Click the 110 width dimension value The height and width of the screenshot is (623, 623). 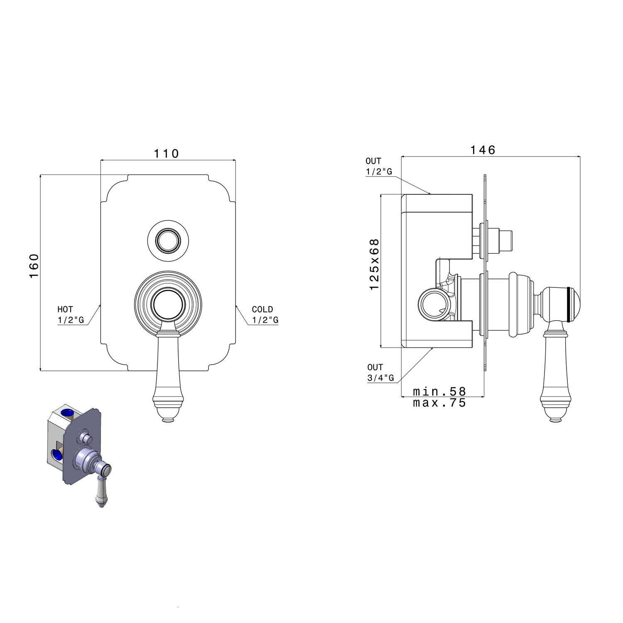pos(166,154)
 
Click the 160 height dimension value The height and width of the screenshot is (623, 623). pos(34,266)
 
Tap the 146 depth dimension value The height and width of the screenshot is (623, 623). pos(483,150)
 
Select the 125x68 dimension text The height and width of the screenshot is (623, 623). pos(375,264)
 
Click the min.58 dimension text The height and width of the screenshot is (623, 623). pos(439,391)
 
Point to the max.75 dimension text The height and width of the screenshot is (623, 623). pos(439,402)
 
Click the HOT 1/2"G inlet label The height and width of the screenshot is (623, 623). pos(71,314)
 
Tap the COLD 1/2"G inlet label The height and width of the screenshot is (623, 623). pos(265,314)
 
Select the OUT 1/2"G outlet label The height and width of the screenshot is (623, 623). pos(379,166)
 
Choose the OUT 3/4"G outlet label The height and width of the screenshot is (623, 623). pos(380,373)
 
